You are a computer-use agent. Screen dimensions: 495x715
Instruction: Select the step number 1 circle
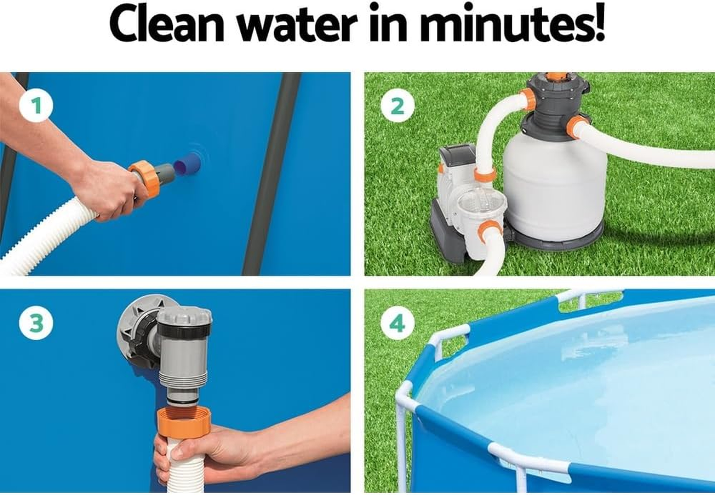click(x=35, y=106)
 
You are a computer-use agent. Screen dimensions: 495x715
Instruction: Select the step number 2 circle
click(x=397, y=106)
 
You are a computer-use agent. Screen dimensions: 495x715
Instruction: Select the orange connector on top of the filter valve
click(x=556, y=77)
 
